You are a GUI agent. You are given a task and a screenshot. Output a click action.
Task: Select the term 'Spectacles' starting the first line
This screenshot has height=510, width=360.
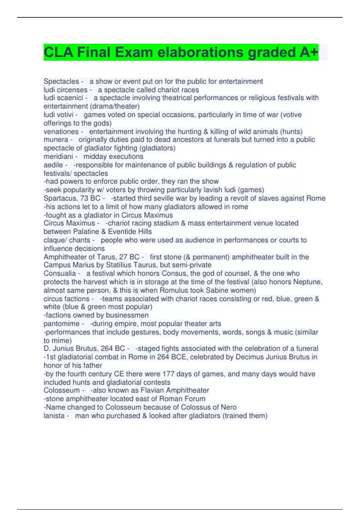[x=61, y=81]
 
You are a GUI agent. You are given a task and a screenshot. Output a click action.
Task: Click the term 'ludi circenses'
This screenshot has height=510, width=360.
[x=65, y=90]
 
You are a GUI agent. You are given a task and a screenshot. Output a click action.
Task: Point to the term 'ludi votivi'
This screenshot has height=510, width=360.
[x=58, y=115]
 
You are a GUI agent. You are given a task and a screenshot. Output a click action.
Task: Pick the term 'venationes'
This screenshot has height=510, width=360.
[x=61, y=131]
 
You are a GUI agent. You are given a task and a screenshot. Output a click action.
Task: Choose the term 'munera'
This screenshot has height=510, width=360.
[x=56, y=139]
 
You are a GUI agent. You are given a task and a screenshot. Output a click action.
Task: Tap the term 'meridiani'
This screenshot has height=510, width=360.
[x=58, y=156]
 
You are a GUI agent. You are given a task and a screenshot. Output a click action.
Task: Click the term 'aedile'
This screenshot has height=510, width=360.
[x=53, y=165]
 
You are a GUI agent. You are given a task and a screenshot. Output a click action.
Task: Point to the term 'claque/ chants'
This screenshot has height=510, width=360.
[x=67, y=240]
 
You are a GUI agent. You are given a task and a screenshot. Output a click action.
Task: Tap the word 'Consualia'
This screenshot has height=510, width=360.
[x=60, y=273]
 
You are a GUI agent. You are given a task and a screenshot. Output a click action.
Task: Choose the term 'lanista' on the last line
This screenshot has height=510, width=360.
[x=54, y=415]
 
